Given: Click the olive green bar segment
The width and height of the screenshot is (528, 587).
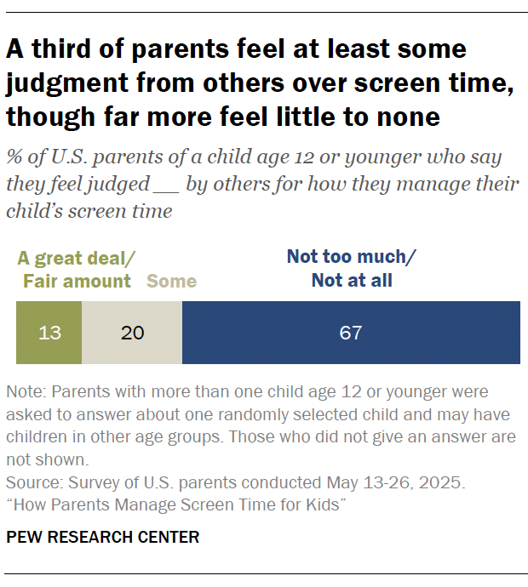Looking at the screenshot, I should [49, 332].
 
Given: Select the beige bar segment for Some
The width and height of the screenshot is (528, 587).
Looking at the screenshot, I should [132, 332].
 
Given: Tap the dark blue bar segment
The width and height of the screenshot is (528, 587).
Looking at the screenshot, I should [351, 332].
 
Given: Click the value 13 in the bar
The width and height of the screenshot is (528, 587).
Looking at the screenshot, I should [49, 333].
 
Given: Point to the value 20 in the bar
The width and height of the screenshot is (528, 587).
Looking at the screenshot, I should [132, 333].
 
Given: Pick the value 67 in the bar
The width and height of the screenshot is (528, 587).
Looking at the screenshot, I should [351, 333].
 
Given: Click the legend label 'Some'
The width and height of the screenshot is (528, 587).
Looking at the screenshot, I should [171, 281].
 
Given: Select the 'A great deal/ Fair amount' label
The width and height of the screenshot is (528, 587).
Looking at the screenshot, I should [77, 269].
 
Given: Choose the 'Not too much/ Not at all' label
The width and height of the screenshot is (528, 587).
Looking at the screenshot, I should [352, 268].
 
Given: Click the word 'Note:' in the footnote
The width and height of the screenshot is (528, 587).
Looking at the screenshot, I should [25, 392].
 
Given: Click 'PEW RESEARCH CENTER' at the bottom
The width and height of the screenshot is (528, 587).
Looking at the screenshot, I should [103, 537].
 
